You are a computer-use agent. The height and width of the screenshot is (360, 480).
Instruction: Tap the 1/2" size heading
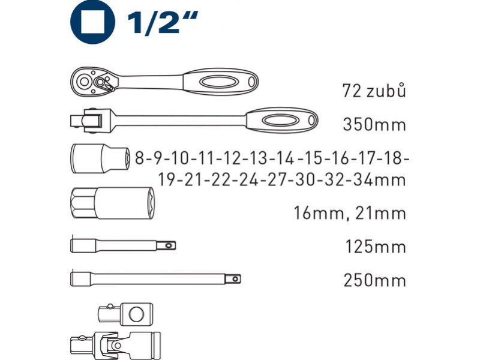pos(162,22)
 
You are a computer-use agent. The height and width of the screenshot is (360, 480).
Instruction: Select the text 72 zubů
pos(374,91)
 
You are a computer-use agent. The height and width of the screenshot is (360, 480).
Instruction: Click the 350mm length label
pos(374,125)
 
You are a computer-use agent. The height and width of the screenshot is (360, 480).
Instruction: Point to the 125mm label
pos(376,247)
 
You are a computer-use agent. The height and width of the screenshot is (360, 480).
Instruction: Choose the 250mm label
pos(374,280)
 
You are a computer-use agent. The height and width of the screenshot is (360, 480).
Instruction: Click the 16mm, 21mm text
pos(350,214)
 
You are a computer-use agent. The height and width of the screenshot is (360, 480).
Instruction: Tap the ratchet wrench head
pos(94,82)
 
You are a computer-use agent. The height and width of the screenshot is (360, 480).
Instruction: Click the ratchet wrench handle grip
pos(220,82)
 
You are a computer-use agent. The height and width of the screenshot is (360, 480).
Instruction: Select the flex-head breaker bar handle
pos(281,120)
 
